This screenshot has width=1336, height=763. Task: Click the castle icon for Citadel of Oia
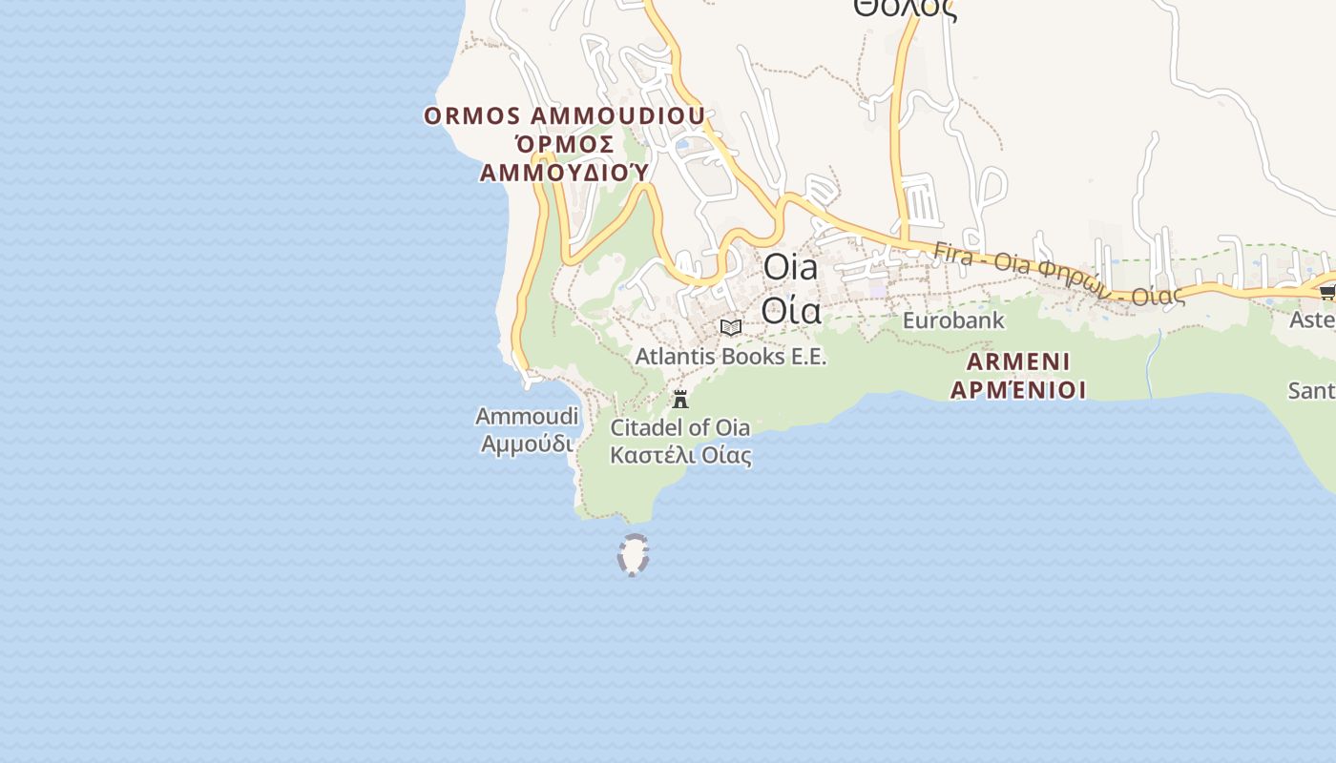(x=680, y=399)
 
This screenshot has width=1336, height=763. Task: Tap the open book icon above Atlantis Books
(x=731, y=328)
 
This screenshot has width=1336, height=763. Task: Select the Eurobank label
(x=953, y=320)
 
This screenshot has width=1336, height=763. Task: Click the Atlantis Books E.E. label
(x=731, y=357)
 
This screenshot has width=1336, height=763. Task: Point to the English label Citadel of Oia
(x=679, y=427)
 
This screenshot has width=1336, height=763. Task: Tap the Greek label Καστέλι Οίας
(x=680, y=455)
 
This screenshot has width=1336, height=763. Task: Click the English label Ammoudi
(x=527, y=417)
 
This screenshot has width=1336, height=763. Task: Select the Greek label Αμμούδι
(x=527, y=443)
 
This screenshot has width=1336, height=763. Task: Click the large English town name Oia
(x=790, y=268)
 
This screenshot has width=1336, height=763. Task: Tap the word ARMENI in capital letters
(x=1018, y=362)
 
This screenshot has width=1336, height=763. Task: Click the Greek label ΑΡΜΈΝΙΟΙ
(x=1018, y=390)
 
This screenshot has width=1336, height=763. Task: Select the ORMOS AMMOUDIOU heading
(x=565, y=116)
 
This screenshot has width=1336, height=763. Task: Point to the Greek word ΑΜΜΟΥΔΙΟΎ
(x=564, y=173)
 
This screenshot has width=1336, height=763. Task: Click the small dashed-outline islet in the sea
(x=634, y=555)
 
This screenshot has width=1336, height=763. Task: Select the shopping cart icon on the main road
(x=1327, y=292)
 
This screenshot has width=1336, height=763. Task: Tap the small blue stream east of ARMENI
(x=1153, y=362)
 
